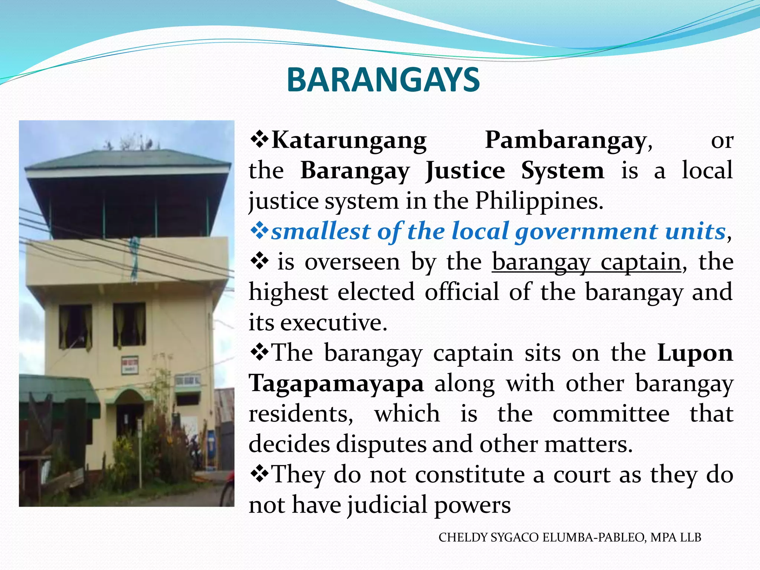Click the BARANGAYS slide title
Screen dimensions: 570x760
tap(383, 80)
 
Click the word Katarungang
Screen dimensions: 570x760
tap(349, 141)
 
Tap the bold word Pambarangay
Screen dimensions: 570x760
tap(566, 141)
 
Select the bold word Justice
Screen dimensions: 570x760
tap(465, 171)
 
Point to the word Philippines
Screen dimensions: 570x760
tap(539, 202)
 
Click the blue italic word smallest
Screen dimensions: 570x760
tap(321, 232)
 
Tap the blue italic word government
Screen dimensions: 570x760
tap(586, 232)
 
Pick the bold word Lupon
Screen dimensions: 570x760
tap(695, 353)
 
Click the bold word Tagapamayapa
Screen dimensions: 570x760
tap(336, 383)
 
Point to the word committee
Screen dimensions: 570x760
tap(611, 414)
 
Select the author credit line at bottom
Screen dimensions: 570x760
tap(570, 537)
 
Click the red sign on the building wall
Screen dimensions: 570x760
tap(130, 364)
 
